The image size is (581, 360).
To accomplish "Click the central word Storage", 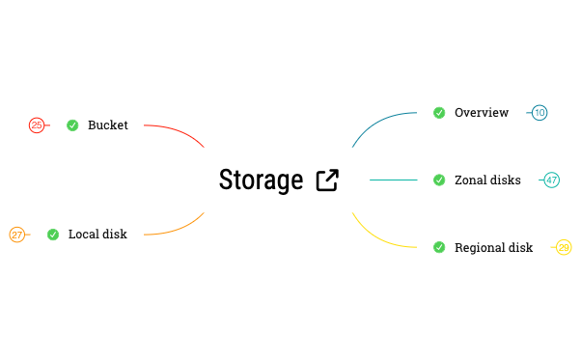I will (x=261, y=180).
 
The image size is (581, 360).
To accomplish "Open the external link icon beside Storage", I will (x=327, y=180).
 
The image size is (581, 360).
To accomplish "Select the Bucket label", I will (x=108, y=125).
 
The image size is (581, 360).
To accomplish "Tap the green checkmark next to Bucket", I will (x=72, y=125).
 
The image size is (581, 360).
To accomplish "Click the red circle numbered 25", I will (x=37, y=125).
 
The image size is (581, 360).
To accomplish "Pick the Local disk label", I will (x=97, y=234).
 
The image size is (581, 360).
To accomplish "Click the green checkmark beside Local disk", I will (x=53, y=234).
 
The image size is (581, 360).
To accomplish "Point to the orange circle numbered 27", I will (x=17, y=234).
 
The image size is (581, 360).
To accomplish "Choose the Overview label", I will (x=482, y=113).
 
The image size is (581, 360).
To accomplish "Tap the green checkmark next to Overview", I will (x=439, y=113).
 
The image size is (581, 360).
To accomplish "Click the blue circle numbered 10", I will (x=539, y=113).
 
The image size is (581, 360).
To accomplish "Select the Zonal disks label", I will (x=487, y=180).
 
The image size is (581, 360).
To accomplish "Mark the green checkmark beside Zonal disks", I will (x=439, y=180).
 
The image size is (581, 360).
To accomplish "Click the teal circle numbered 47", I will (x=551, y=180).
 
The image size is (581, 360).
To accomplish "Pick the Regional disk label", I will (x=493, y=247).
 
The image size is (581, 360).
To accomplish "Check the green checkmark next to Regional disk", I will (x=439, y=247).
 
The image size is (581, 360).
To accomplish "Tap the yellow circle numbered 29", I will (x=564, y=247).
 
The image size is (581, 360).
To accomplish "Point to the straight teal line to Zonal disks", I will (x=393, y=180).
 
